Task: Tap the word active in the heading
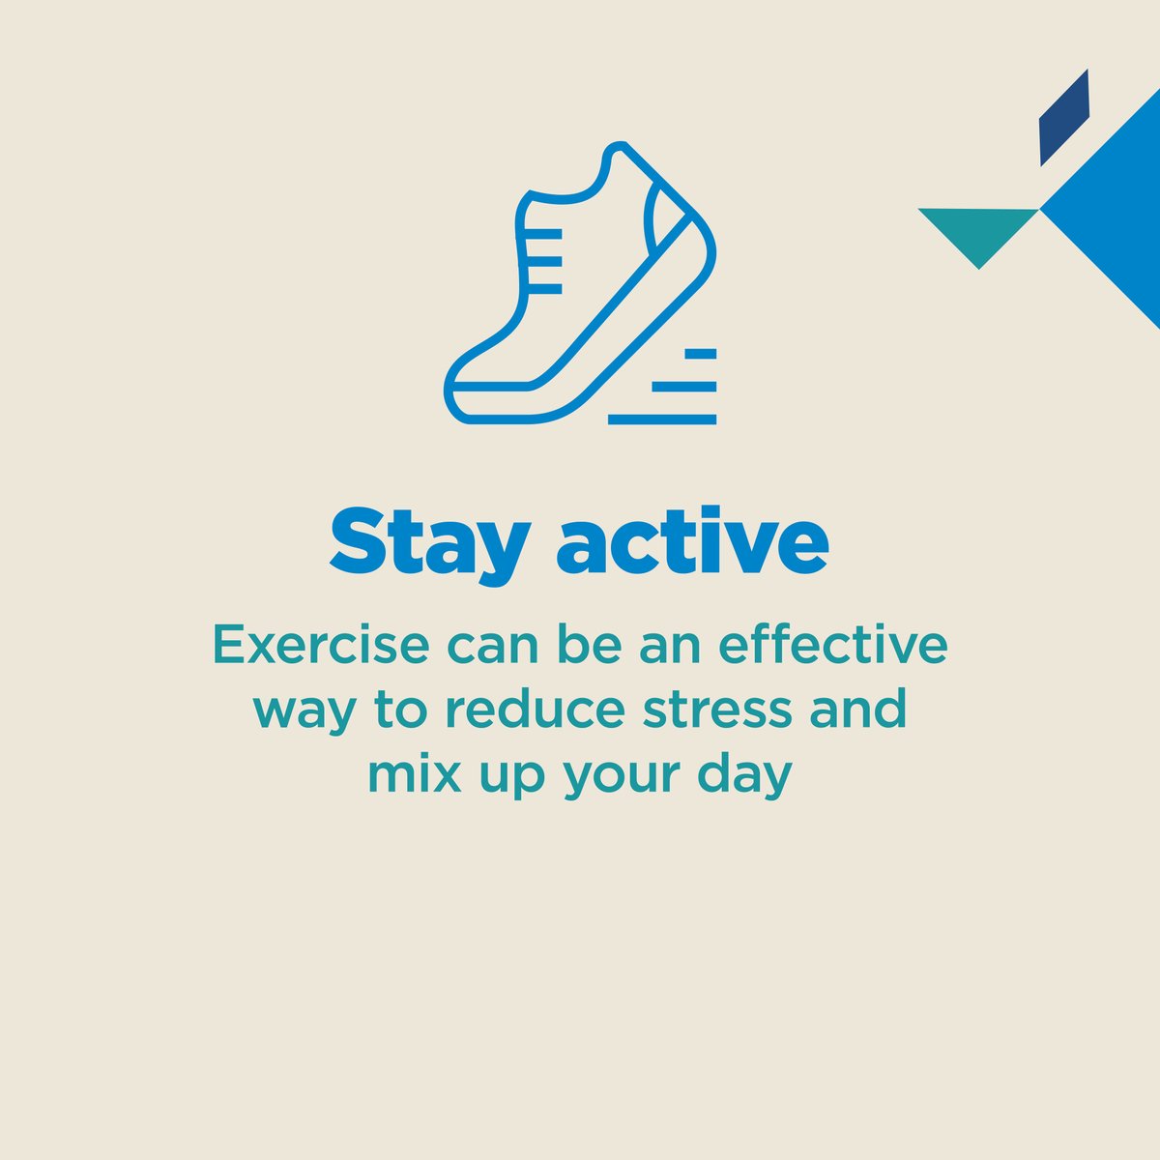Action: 692,542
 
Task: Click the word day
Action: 751,775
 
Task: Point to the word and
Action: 860,709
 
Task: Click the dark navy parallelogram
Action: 1063,118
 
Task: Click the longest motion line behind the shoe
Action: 662,420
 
